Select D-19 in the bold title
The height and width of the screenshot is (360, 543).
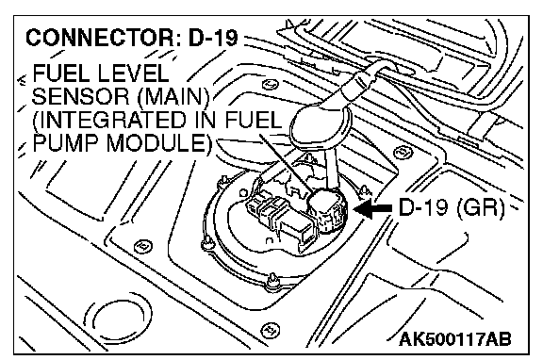tap(213, 38)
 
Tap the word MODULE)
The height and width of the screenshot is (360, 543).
tap(159, 143)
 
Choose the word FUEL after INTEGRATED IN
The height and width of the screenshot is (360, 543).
tap(254, 120)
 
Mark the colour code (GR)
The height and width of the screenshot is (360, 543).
tap(480, 207)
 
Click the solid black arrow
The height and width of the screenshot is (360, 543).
tap(372, 208)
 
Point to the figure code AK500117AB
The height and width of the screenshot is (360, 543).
tap(454, 339)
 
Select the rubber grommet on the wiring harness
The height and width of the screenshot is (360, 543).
tap(320, 123)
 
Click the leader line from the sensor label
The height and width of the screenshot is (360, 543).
tap(286, 162)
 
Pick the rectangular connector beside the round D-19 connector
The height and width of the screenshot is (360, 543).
tap(282, 222)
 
